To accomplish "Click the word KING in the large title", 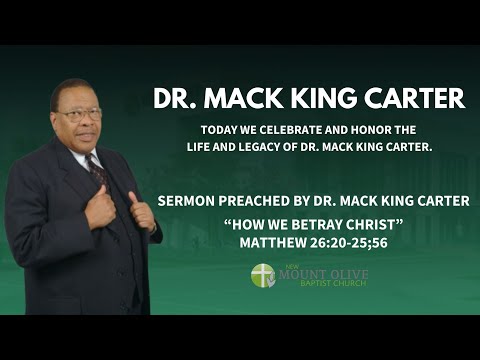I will [x=322, y=98].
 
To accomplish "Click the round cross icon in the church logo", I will [x=262, y=275].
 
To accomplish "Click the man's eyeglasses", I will [x=79, y=112].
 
